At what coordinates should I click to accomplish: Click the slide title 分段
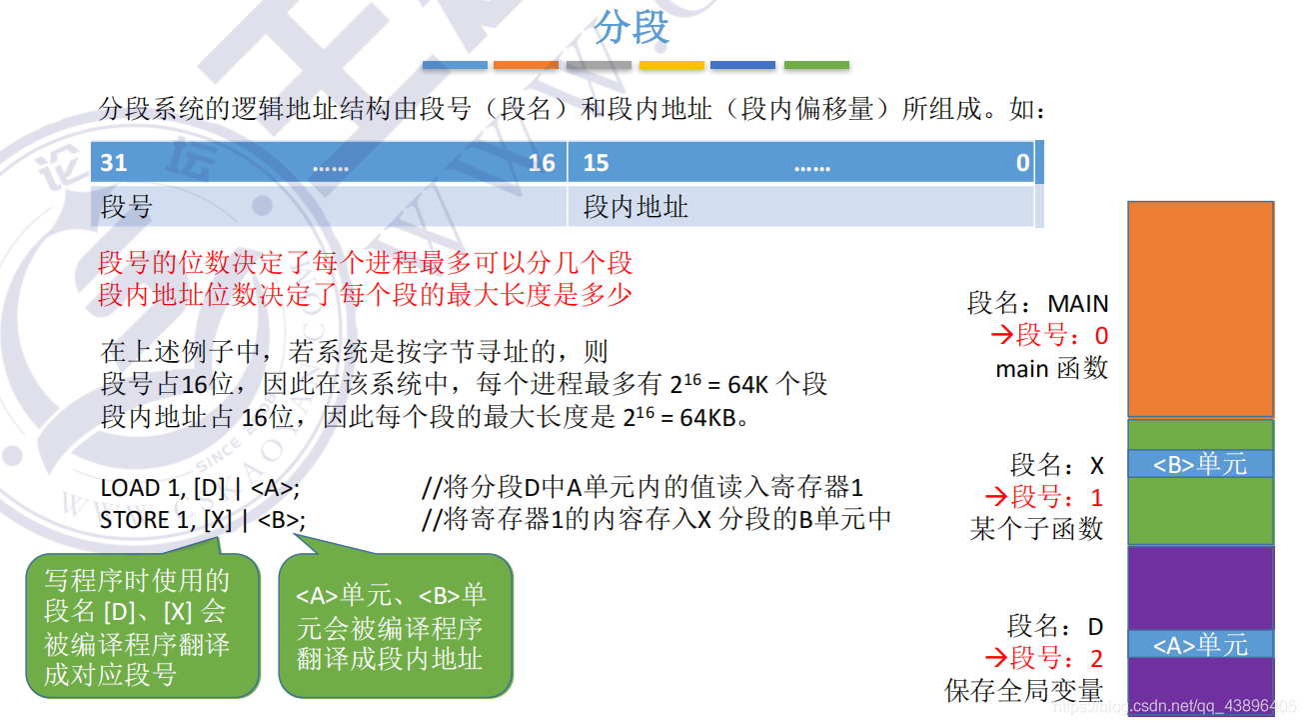pos(632,28)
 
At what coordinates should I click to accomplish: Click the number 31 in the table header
pos(114,163)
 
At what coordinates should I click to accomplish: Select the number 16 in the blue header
pos(542,163)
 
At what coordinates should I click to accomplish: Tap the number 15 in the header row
pos(597,163)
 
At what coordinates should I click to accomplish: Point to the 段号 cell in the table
pos(127,207)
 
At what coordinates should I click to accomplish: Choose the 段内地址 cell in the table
pos(636,207)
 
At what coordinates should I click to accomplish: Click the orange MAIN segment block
pos(1200,309)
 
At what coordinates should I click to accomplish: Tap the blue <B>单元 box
pos(1200,464)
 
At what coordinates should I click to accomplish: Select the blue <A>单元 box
pos(1200,645)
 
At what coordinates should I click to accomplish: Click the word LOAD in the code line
pos(130,488)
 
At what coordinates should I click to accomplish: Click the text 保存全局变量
pos(1024,690)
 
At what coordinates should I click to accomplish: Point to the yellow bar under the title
pos(671,65)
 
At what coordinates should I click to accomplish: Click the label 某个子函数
pos(1036,528)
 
